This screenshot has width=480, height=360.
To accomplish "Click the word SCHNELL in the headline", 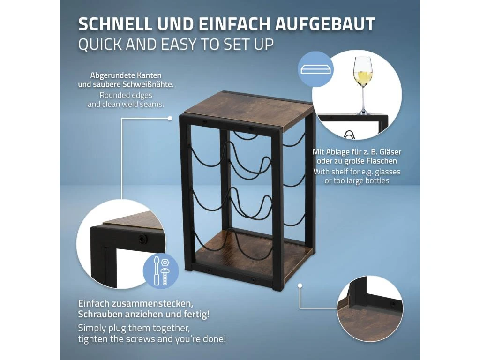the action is (x=115, y=24).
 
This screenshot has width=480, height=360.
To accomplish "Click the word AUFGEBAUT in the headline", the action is (x=325, y=24).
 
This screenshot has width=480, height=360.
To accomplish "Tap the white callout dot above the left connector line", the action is (x=170, y=118).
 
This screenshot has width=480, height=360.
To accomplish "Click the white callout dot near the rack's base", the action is (x=300, y=285).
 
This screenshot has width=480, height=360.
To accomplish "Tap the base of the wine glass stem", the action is (x=363, y=112).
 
